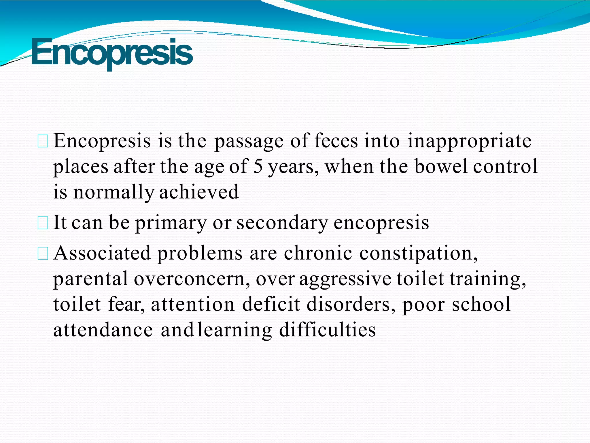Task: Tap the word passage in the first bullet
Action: (249, 142)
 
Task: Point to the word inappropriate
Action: (469, 142)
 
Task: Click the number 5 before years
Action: (258, 167)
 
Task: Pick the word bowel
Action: (441, 167)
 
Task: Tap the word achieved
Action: (199, 192)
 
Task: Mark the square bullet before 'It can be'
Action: (43, 223)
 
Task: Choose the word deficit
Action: (271, 304)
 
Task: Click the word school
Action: (481, 304)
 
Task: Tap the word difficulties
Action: (328, 330)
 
